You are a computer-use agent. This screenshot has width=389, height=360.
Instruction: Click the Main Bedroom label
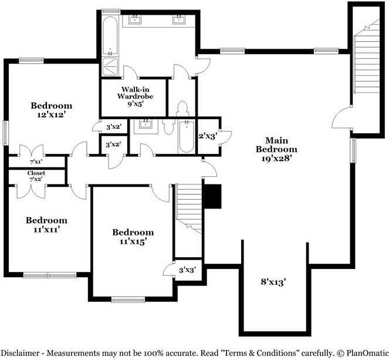(x=276, y=144)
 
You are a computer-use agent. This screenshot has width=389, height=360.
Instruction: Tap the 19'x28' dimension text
(x=276, y=159)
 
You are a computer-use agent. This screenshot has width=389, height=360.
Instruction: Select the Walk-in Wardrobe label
(x=135, y=93)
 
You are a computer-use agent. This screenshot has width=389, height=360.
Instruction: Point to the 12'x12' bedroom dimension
(x=52, y=115)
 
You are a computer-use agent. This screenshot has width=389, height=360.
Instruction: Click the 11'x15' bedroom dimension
(x=132, y=241)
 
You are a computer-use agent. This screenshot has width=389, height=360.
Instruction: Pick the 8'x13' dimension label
(x=273, y=282)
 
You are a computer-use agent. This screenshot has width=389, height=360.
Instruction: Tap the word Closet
(x=36, y=173)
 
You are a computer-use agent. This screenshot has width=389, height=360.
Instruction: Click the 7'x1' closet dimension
(x=36, y=162)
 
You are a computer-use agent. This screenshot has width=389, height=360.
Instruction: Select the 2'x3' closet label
(x=208, y=136)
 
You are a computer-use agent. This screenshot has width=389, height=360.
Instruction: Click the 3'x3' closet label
(x=188, y=270)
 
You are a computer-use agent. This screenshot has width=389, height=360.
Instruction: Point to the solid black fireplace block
(x=212, y=196)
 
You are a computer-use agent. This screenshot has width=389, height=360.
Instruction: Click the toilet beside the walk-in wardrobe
(x=182, y=109)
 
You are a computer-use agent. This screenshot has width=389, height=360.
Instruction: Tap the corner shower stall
(x=110, y=66)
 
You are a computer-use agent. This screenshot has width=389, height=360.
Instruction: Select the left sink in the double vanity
(x=135, y=19)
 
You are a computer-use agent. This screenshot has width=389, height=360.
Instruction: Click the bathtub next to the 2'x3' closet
(x=187, y=137)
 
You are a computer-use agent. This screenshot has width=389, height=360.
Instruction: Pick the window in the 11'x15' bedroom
(x=128, y=300)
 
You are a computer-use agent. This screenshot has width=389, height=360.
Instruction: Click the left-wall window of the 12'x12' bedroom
(x=5, y=133)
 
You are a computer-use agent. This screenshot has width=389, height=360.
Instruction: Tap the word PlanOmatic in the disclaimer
(x=367, y=353)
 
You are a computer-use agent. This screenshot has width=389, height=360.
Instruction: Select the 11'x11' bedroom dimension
(x=47, y=230)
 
